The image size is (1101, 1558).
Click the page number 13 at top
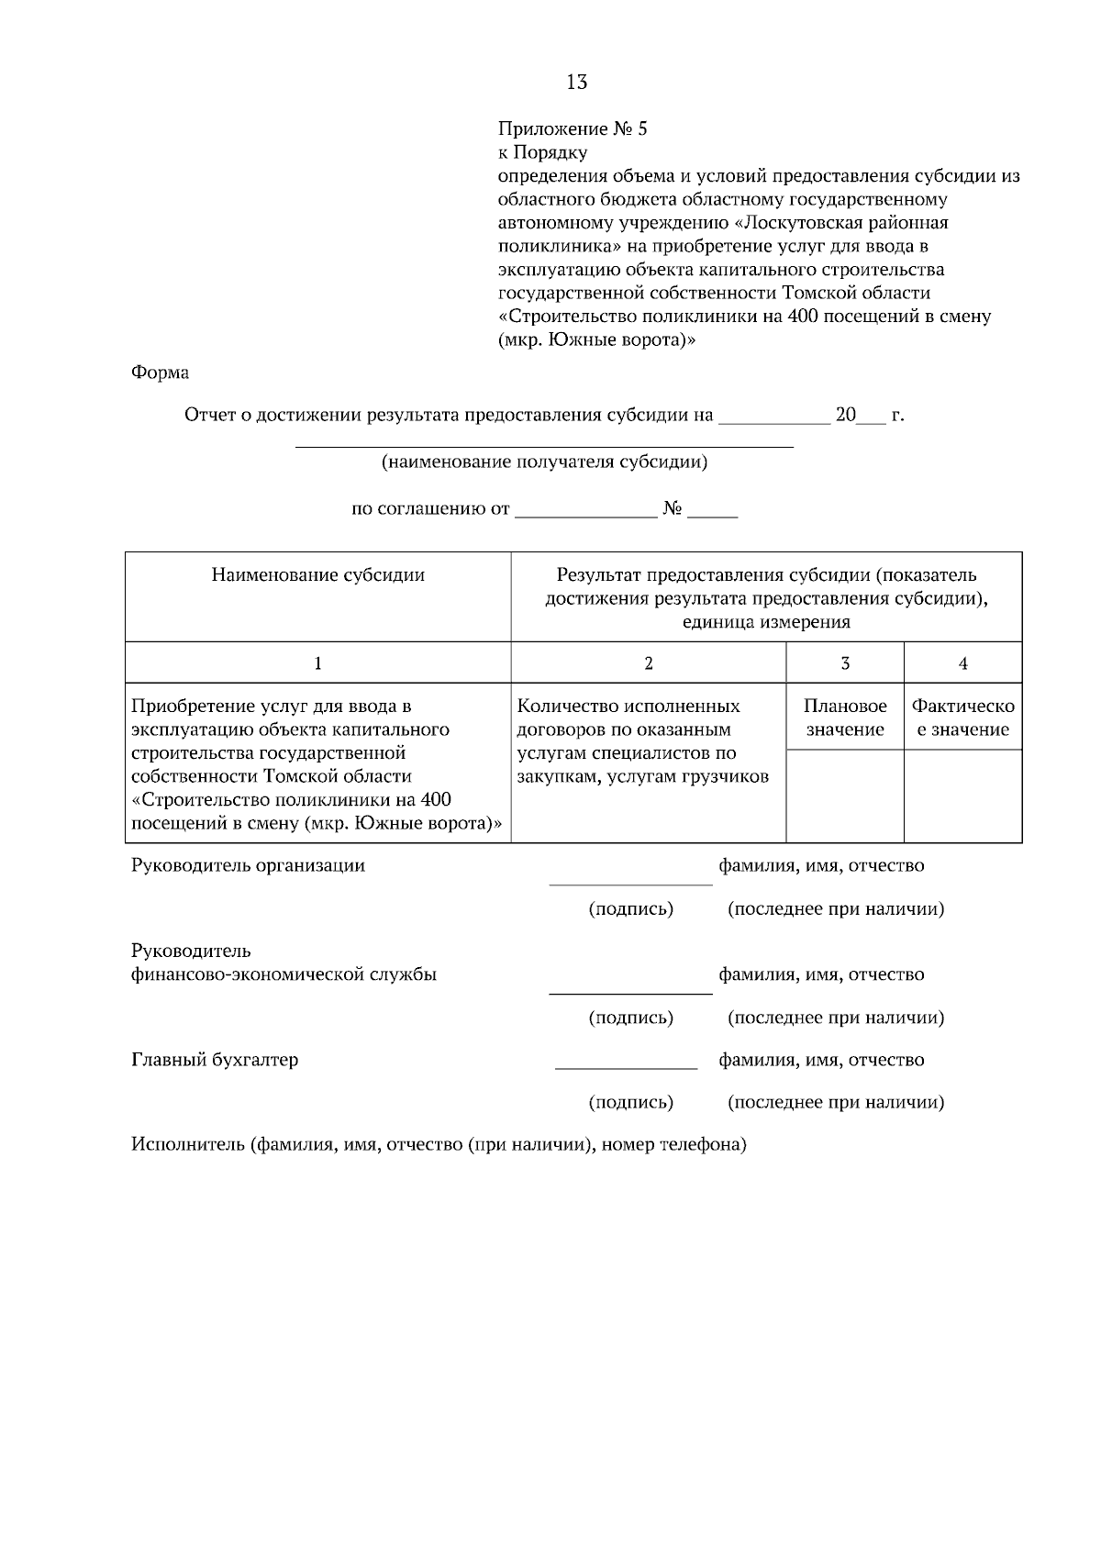pos(576,83)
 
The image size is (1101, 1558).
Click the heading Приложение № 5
pos(572,128)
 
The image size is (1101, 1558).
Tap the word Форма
pos(160,373)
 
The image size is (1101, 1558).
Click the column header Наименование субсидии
pos(317,575)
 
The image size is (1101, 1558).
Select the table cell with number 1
pos(317,663)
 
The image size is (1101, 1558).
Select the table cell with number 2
pos(648,663)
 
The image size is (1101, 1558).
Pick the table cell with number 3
pos(844,663)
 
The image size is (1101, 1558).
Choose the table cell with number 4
pos(962,663)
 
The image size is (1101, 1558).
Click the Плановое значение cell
pos(844,718)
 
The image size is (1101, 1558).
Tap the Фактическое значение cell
pos(962,718)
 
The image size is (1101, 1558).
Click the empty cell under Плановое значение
pos(844,796)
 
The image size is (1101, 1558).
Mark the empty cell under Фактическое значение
pos(962,796)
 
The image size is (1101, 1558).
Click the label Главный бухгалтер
pos(215,1060)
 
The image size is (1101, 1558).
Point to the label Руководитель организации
pos(248,865)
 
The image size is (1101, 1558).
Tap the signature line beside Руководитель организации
pos(630,884)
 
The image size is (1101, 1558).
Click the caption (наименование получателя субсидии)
pos(544,462)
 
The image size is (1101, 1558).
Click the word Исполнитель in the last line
pos(187,1145)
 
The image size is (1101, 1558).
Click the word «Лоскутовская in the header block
pos(798,223)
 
